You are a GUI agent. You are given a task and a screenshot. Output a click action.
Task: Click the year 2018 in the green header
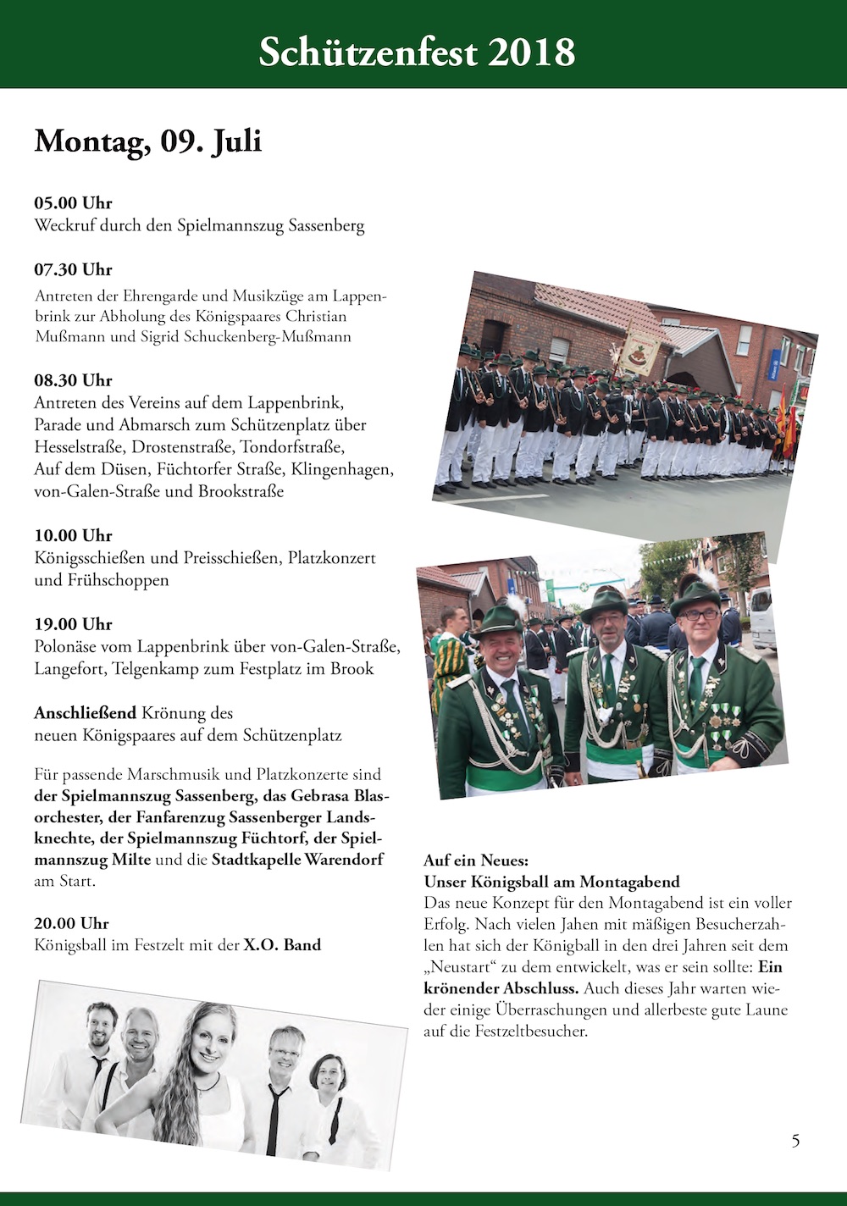(531, 53)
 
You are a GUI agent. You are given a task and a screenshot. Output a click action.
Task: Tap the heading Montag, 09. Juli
(147, 141)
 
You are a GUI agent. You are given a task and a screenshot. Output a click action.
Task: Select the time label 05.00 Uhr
(73, 203)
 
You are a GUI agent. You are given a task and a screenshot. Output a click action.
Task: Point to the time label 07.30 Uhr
(73, 270)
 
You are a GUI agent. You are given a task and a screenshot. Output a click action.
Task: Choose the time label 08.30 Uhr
(73, 380)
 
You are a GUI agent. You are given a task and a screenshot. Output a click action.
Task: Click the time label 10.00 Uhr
(73, 535)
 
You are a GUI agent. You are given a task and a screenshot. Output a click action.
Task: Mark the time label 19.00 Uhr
(73, 624)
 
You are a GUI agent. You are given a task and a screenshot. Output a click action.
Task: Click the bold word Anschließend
(86, 713)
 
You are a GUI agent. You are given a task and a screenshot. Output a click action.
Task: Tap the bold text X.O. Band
(282, 945)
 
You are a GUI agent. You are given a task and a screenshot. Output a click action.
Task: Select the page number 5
(795, 1140)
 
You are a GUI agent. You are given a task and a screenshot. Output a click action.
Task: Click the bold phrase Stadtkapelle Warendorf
(297, 860)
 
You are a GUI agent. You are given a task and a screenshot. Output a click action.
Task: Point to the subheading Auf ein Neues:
(475, 860)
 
